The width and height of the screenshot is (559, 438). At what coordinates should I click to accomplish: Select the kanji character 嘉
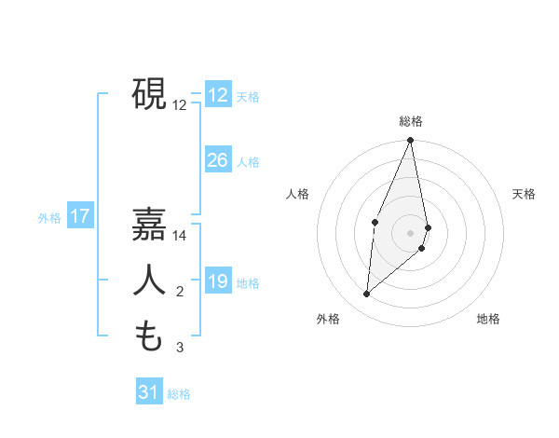(x=150, y=224)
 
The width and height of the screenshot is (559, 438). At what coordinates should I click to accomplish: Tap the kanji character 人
(x=150, y=280)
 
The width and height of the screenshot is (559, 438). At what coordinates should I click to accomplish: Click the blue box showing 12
(x=218, y=94)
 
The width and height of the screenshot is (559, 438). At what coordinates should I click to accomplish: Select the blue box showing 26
(x=218, y=160)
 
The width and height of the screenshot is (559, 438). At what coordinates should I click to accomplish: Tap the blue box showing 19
(x=218, y=281)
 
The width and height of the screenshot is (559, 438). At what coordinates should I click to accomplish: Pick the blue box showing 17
(x=80, y=217)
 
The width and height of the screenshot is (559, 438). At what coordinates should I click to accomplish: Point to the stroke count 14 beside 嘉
(x=180, y=237)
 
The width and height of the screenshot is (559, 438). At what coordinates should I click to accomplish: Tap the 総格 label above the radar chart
(x=411, y=121)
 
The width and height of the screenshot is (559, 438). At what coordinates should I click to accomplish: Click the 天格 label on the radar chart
(x=525, y=194)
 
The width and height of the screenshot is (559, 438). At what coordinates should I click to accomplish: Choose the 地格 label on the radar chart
(x=488, y=319)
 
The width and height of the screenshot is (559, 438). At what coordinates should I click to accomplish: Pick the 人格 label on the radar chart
(x=297, y=194)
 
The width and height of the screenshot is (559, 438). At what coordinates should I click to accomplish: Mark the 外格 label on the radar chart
(x=328, y=319)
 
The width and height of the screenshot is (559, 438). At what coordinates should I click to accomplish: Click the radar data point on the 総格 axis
(x=411, y=141)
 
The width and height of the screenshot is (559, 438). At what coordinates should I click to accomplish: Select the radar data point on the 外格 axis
(x=367, y=294)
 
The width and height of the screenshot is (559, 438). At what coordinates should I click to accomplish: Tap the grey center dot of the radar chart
(x=411, y=232)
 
